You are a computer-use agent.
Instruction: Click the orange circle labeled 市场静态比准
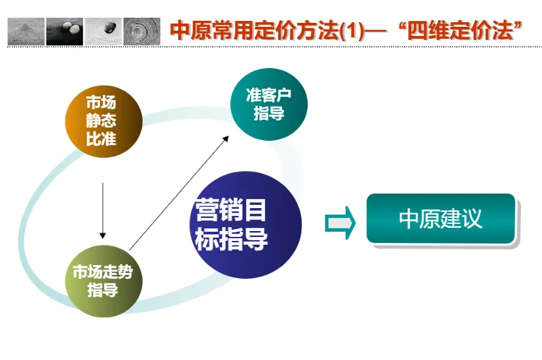(x=103, y=121)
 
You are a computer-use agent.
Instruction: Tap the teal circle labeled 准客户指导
(x=269, y=104)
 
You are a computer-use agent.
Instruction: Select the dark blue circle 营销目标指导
(x=245, y=225)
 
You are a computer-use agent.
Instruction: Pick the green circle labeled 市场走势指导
(x=103, y=281)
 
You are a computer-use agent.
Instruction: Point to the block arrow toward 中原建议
(x=340, y=223)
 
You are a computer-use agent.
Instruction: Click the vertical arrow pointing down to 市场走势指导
(x=103, y=211)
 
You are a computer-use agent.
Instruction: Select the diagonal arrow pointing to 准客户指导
(x=179, y=193)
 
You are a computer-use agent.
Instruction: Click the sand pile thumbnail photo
(x=26, y=31)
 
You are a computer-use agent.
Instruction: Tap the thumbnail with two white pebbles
(x=65, y=31)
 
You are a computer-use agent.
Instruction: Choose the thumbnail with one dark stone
(x=103, y=31)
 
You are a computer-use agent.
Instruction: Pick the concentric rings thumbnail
(x=142, y=31)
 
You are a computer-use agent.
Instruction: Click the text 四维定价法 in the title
(x=460, y=30)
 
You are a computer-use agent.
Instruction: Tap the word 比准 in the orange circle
(x=101, y=139)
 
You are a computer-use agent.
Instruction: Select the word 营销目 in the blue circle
(x=230, y=209)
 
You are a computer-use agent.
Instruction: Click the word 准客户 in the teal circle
(x=268, y=95)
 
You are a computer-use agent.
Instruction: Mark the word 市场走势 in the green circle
(x=103, y=272)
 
